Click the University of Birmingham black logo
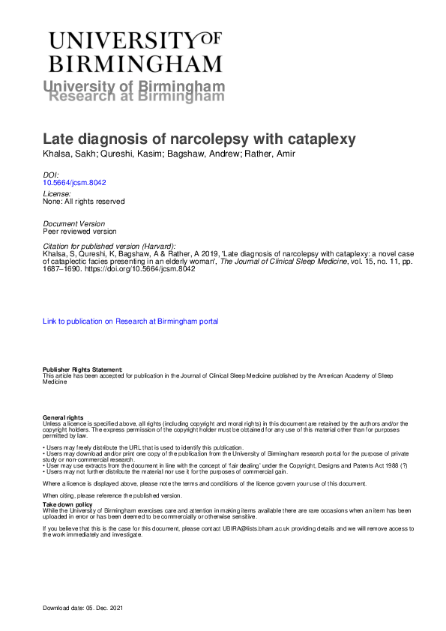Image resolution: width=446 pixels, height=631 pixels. [x=135, y=51]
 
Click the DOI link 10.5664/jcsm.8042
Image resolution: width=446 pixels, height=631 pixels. [x=73, y=182]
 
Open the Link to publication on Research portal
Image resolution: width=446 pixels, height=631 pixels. [x=130, y=321]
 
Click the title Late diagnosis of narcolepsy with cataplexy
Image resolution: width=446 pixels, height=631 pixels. [x=188, y=139]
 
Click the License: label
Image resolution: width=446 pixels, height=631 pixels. [x=57, y=193]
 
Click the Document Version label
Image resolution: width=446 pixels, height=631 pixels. [x=74, y=224]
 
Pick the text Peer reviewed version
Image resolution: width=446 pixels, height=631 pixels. [x=80, y=232]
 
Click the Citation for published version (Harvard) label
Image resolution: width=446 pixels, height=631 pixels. [x=109, y=246]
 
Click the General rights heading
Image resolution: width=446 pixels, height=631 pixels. [x=63, y=417]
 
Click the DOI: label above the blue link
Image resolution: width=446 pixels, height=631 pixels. [x=51, y=174]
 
